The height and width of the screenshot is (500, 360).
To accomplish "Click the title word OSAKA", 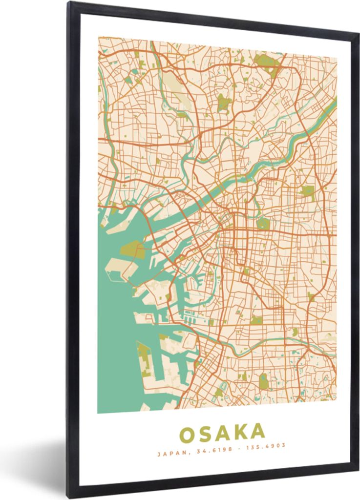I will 222,433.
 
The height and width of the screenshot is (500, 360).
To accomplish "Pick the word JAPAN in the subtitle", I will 168,454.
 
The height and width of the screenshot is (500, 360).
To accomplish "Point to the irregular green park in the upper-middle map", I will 224,103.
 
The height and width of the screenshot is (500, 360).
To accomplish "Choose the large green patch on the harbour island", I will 132,250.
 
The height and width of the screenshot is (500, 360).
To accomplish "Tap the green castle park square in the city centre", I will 263,224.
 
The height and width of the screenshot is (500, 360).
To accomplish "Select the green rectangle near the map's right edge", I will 307,191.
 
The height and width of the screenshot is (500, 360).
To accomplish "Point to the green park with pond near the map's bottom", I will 264,381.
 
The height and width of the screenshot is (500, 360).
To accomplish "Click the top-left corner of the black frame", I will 69,3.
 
